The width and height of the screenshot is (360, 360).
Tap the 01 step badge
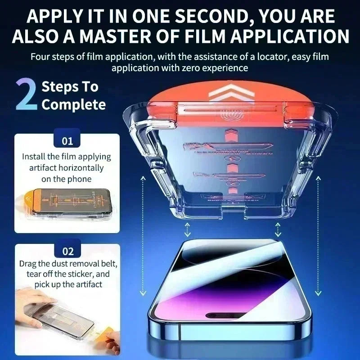pyautogui.click(x=67, y=141)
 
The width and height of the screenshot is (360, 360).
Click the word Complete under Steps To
pyautogui.click(x=74, y=105)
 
